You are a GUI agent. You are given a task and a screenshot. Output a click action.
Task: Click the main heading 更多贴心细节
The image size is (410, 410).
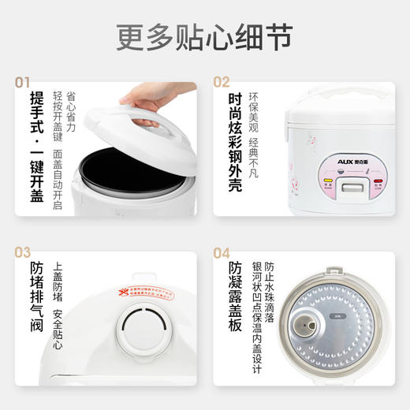pos(205,35)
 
